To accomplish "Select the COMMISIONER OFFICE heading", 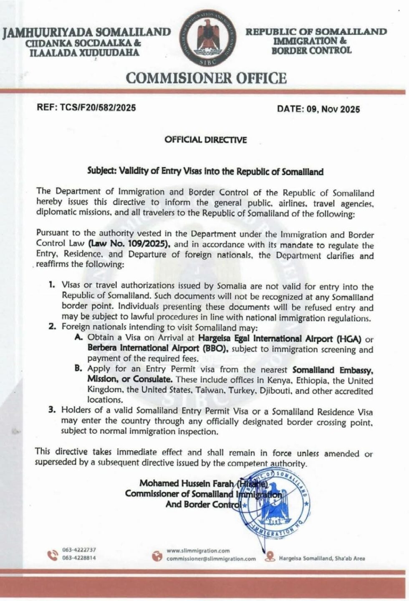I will click(x=207, y=78).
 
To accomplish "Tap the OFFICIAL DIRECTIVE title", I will click(x=205, y=140).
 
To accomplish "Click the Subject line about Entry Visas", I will click(x=205, y=171).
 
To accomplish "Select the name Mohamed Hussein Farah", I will click(x=188, y=483).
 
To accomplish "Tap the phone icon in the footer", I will click(x=53, y=555).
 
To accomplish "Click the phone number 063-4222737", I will click(x=79, y=550).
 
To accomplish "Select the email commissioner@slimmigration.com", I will click(x=211, y=558).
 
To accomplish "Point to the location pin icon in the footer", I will click(x=270, y=556).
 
